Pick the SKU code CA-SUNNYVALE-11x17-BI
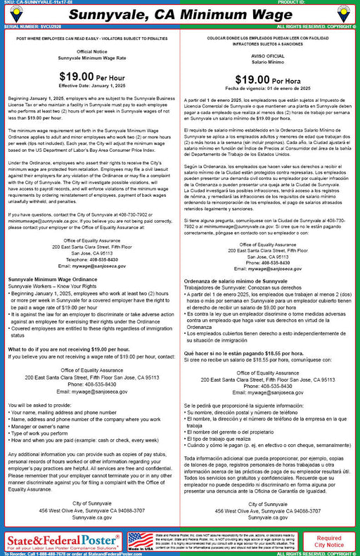tap(44, 2)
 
